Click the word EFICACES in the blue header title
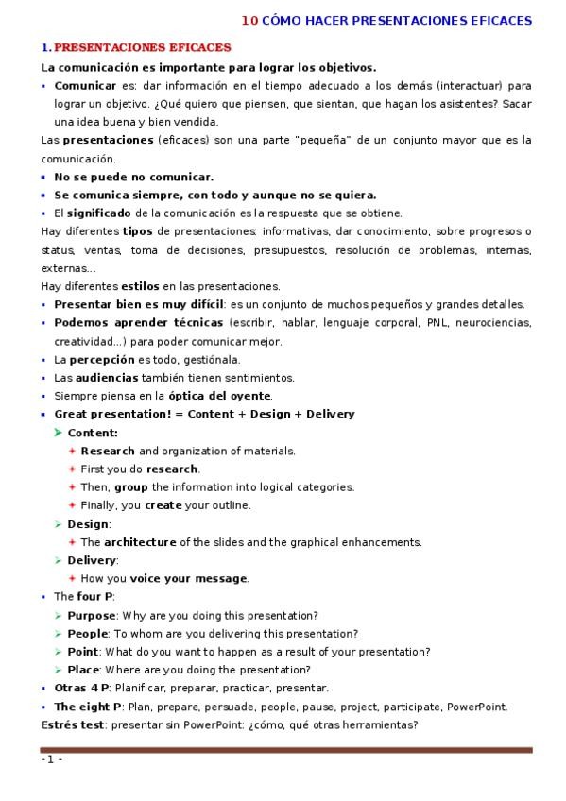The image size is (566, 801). pyautogui.click(x=497, y=20)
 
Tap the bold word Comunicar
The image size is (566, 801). pyautogui.click(x=85, y=85)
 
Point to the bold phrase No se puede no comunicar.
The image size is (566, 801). pyautogui.click(x=133, y=177)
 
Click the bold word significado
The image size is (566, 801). pyautogui.click(x=98, y=213)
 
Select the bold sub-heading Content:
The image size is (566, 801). pyautogui.click(x=93, y=433)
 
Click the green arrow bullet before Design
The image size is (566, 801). pyautogui.click(x=59, y=524)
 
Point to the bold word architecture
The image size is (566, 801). pyautogui.click(x=140, y=542)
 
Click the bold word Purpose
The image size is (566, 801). pyautogui.click(x=91, y=615)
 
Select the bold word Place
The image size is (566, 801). pyautogui.click(x=83, y=670)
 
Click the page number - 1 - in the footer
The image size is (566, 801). pyautogui.click(x=51, y=760)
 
